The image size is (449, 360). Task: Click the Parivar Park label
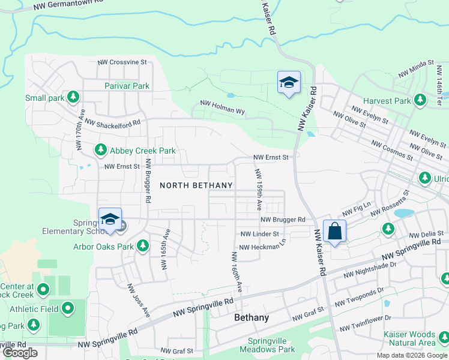127,86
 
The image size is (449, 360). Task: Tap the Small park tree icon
73,96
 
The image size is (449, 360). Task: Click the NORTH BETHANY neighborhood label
196,185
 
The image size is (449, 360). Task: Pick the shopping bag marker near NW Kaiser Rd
334,230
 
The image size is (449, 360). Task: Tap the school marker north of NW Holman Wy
289,82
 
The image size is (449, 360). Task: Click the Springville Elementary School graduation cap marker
110,219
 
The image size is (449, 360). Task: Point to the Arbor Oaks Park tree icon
143,245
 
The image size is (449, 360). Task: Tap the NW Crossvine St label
122,62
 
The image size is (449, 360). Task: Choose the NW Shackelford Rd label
113,122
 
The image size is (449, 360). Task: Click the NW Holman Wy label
223,107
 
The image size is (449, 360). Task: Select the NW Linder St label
260,234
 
